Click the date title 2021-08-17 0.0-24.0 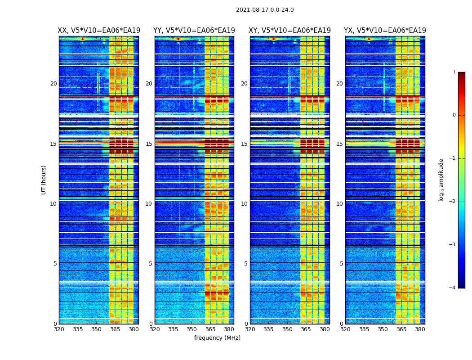265,10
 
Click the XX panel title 99,31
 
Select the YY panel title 194,31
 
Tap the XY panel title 289,31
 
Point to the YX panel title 385,31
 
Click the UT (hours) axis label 44,180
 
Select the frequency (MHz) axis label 217,338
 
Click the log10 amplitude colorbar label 441,180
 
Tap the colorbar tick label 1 454,72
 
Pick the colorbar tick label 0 454,115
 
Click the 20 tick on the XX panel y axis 53,84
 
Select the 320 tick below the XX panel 59,329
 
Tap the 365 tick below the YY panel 210,329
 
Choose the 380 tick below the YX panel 420,329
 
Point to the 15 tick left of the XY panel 244,144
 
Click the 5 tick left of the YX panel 342,264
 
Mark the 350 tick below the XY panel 287,329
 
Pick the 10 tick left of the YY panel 149,204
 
